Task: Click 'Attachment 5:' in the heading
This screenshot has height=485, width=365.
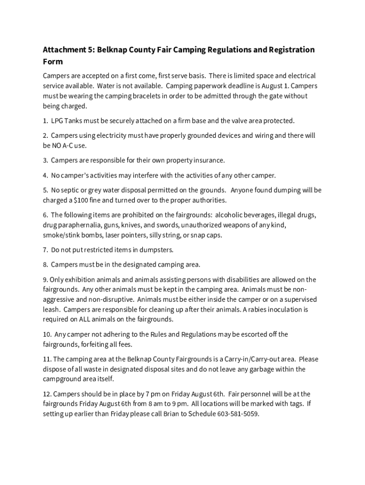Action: tap(69, 50)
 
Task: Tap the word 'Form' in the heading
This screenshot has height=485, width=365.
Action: tap(53, 62)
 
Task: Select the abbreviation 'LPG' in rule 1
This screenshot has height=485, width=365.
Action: tap(57, 121)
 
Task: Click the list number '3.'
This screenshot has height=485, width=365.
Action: tap(46, 161)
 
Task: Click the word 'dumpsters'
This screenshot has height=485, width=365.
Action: tap(157, 250)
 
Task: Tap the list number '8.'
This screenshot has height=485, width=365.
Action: tap(46, 264)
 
